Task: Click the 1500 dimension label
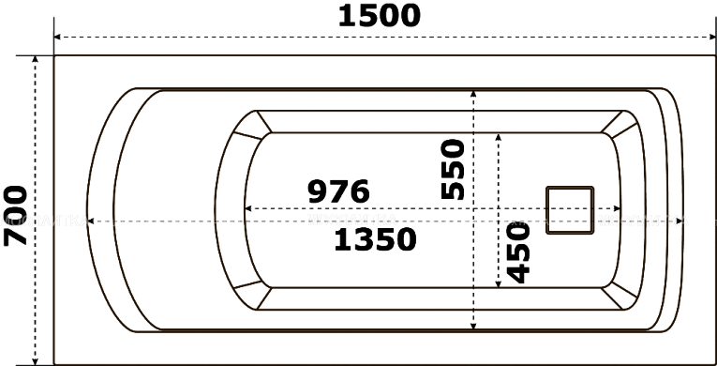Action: tap(379, 16)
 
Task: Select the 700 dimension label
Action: tap(16, 215)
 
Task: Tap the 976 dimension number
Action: tap(338, 191)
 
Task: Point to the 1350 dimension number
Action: tap(376, 239)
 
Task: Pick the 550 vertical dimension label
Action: tap(453, 170)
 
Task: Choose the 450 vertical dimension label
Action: tap(518, 252)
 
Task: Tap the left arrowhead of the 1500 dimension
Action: tap(57, 38)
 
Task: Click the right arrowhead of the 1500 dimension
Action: tap(712, 38)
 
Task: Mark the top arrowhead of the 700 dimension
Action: tap(36, 59)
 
